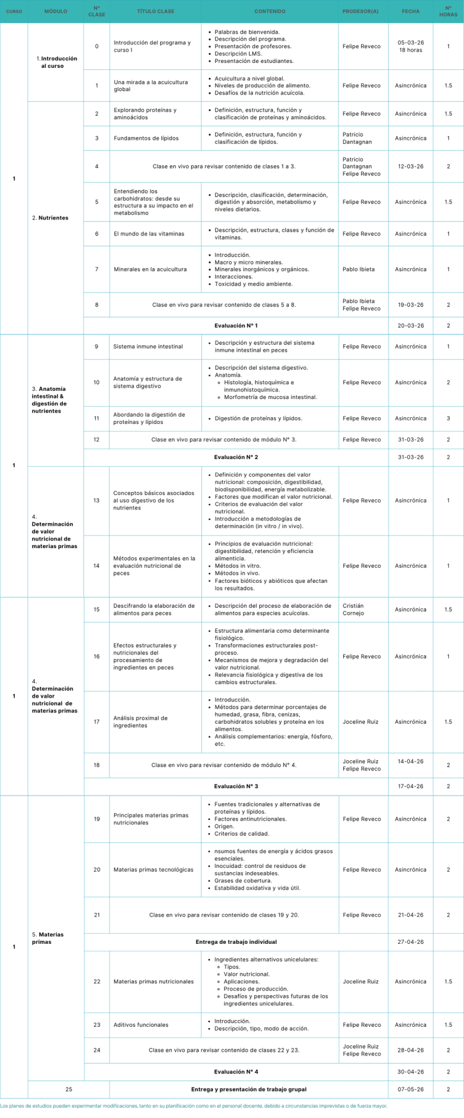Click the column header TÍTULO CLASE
point(156,11)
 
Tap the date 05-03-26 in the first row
point(410,43)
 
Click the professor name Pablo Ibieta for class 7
point(358,269)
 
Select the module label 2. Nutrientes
point(50,218)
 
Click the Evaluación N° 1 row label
point(236,326)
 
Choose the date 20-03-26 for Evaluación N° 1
point(410,326)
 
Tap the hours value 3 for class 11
point(448,418)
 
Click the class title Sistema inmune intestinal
point(148,346)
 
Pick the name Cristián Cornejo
point(353,609)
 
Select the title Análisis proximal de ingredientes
point(140,722)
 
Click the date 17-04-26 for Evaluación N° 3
point(410,786)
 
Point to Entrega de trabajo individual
point(236,942)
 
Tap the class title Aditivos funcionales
point(141,1025)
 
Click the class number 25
point(68,1089)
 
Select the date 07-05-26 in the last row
point(410,1089)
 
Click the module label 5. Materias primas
point(48,938)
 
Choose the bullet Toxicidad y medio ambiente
point(253,284)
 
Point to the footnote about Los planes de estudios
point(194,1106)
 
